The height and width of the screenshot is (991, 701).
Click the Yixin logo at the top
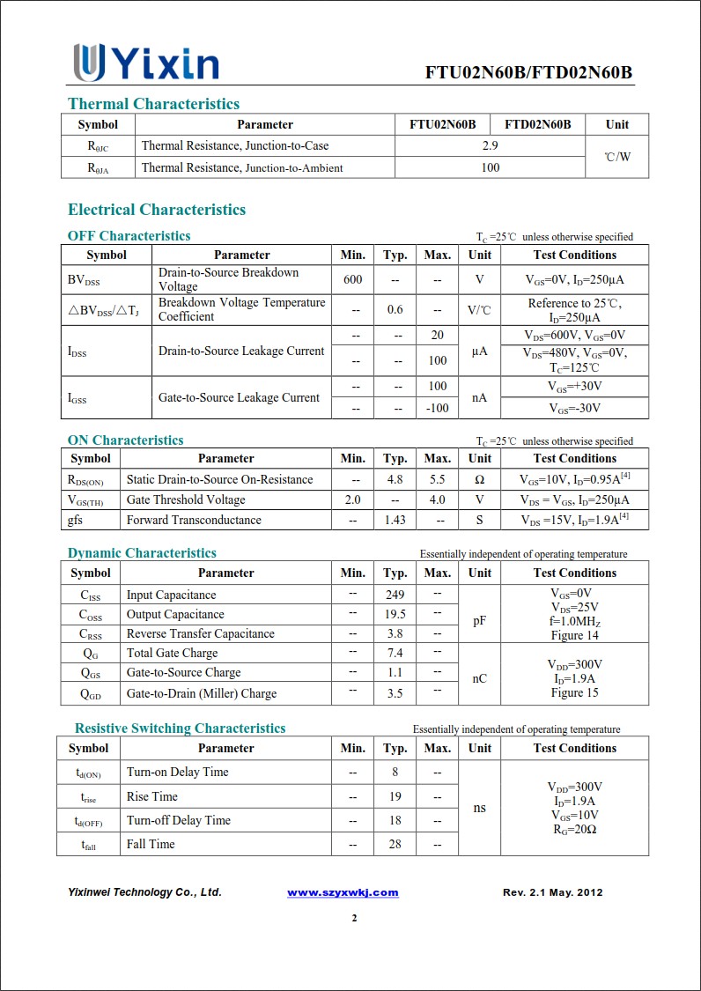point(146,63)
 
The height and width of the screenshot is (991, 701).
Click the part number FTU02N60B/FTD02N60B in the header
point(528,72)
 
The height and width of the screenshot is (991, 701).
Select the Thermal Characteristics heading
point(153,104)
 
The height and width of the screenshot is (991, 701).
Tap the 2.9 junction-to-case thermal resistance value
point(491,145)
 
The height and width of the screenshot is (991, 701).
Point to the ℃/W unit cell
point(617,157)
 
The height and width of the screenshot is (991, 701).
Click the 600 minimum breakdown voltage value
point(352,279)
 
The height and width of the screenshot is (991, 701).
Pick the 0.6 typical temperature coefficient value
point(395,310)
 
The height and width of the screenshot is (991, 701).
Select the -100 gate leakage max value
point(437,408)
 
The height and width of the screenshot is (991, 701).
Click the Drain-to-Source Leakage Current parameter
point(241,351)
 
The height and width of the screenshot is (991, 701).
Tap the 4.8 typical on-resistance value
point(395,479)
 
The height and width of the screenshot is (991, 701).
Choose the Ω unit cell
point(479,479)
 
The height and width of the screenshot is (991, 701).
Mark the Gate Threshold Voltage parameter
point(186,499)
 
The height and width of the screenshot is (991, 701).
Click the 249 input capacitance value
point(395,595)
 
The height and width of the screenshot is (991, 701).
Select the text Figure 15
point(574,692)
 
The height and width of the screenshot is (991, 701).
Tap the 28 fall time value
point(395,844)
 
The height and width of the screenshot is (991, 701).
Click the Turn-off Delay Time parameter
point(179,820)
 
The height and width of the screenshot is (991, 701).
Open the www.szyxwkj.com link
point(343,892)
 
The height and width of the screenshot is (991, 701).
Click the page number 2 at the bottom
point(354,919)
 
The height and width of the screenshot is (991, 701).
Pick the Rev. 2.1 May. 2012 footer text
point(552,892)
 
